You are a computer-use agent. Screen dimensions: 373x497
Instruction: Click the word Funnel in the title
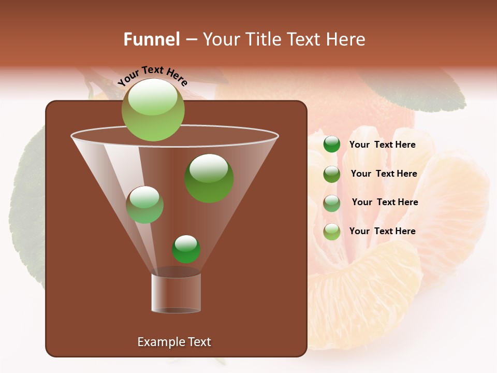[151, 39]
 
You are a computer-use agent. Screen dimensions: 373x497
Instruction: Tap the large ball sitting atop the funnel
[153, 109]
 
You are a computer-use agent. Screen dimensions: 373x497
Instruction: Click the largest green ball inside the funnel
[209, 178]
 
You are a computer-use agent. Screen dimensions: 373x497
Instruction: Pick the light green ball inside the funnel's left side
[145, 205]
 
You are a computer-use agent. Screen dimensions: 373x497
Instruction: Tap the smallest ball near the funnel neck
[186, 249]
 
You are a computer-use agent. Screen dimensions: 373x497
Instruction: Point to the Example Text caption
[174, 342]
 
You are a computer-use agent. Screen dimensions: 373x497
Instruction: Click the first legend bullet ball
[332, 145]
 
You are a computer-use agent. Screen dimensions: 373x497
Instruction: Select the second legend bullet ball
[332, 174]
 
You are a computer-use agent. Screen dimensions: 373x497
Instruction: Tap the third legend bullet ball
[332, 203]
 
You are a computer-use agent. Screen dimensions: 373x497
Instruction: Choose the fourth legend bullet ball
[332, 232]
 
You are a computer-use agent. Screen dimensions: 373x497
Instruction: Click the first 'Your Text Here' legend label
[383, 145]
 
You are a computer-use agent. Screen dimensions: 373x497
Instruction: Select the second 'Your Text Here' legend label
[384, 174]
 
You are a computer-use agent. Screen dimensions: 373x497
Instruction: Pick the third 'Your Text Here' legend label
[385, 202]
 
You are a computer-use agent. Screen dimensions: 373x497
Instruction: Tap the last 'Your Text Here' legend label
[383, 231]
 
